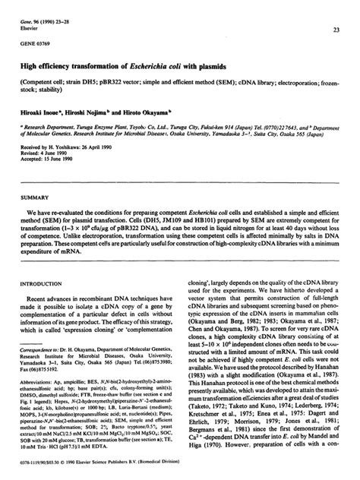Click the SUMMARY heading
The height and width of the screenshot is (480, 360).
39,196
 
